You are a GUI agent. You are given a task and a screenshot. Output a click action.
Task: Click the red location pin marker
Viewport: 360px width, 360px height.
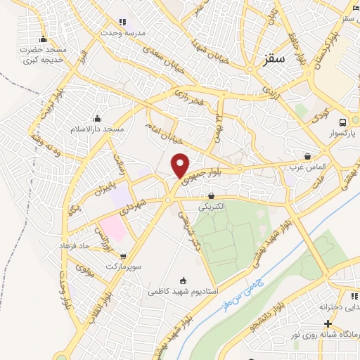(181, 165)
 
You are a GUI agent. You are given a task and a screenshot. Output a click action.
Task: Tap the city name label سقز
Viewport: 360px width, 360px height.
(274, 61)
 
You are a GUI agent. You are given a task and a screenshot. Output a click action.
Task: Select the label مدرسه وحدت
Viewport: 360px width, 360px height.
(122, 33)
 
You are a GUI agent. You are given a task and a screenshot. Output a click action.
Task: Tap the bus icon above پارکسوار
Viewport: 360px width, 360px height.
(342, 122)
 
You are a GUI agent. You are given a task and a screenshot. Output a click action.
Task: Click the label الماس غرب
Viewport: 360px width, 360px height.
(309, 167)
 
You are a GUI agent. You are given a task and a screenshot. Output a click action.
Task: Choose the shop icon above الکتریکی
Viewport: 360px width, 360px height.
(211, 195)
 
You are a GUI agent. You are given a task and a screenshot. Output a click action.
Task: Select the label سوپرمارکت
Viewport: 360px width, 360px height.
(124, 268)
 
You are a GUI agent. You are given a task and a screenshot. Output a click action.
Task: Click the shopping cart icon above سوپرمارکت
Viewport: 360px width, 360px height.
(124, 257)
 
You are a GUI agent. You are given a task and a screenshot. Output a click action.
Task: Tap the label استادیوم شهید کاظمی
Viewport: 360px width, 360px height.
(183, 290)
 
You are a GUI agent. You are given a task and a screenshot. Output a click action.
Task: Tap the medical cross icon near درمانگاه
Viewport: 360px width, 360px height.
(328, 323)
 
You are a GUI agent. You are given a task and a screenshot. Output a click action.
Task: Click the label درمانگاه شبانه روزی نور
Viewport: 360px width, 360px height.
(327, 335)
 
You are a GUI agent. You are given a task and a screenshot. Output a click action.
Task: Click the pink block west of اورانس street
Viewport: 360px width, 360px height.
(110, 227)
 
